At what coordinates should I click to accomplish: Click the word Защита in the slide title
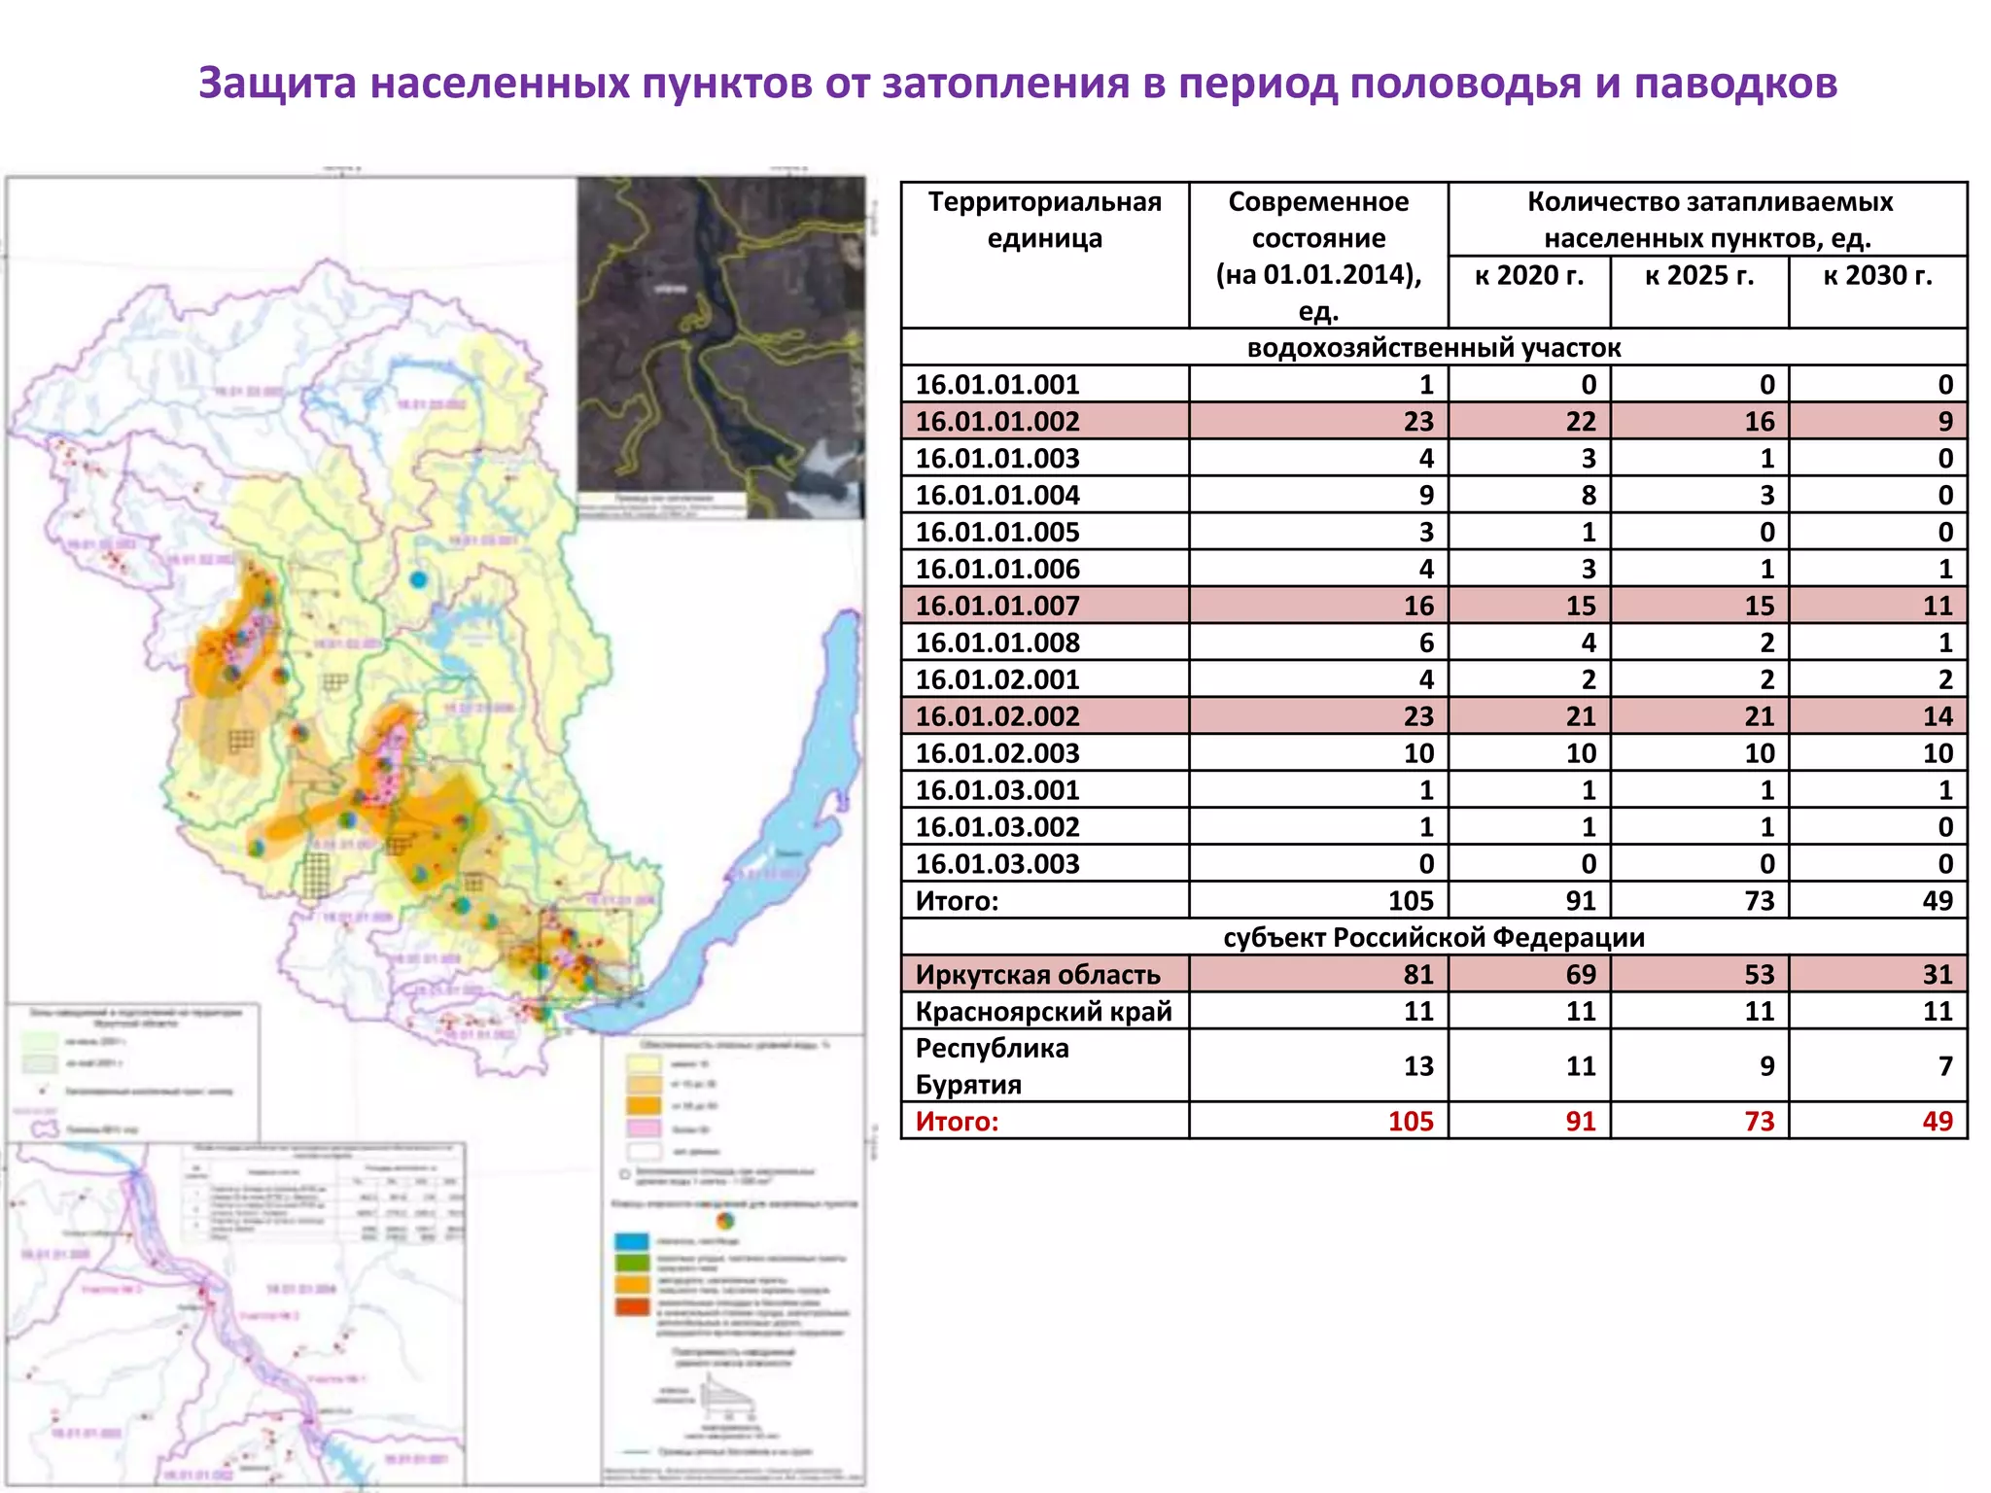(x=277, y=84)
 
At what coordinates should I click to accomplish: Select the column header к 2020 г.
(x=1528, y=276)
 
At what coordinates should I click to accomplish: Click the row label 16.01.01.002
(x=997, y=422)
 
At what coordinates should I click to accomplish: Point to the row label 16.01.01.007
(x=997, y=607)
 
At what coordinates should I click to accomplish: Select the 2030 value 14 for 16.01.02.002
(x=1937, y=717)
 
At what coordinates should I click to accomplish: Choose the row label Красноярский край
(x=1043, y=1012)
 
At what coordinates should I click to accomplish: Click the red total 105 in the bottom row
(x=1410, y=1122)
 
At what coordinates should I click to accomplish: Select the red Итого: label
(x=957, y=1122)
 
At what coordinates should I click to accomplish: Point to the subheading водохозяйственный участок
(x=1433, y=348)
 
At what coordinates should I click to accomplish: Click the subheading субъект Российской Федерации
(x=1433, y=938)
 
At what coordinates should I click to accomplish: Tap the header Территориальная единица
(x=1044, y=220)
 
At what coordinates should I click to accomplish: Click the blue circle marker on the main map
(x=418, y=579)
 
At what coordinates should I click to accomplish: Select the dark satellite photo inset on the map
(x=720, y=345)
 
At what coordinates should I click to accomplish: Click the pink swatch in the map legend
(x=643, y=1128)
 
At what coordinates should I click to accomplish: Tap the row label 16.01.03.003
(x=997, y=864)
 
